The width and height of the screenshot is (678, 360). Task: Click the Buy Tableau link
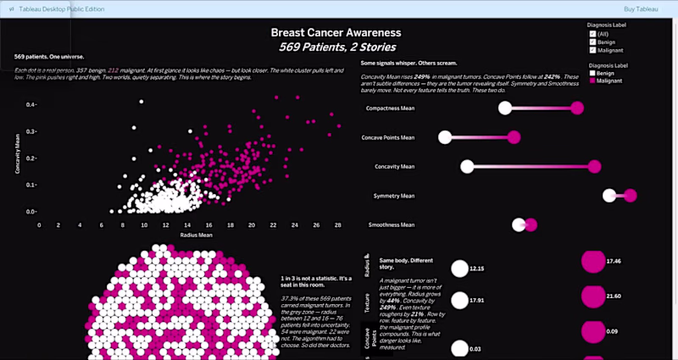point(640,8)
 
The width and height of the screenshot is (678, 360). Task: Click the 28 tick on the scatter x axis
point(338,225)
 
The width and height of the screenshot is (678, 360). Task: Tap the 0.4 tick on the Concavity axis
point(31,105)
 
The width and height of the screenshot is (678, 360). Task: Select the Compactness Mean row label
point(389,109)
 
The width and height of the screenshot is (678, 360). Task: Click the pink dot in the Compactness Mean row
point(577,108)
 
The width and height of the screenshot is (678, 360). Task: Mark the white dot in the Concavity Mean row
point(464,166)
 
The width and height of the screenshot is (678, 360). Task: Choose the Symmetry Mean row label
point(394,196)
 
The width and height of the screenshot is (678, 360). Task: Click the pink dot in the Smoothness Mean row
point(531,224)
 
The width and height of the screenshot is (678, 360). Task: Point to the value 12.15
point(477,269)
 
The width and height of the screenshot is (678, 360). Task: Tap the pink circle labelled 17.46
point(592,262)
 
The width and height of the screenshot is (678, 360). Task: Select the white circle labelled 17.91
point(459,300)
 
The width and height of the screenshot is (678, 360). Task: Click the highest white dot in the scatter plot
point(141,101)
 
